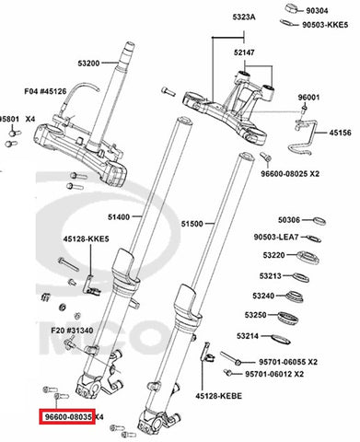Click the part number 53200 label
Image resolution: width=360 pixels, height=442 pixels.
point(88,64)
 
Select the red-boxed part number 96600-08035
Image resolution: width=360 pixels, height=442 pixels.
point(68,417)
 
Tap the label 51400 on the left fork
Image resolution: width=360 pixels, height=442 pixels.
point(119,217)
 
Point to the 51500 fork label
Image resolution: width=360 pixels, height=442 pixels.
point(192,224)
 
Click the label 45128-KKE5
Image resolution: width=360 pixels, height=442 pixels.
point(87,238)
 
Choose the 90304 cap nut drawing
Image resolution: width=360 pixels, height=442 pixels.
point(294,8)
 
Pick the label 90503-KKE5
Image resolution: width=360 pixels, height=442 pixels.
point(325,25)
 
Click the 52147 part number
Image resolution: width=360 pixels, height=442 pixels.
point(244,52)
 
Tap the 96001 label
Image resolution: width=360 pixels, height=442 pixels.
point(308,98)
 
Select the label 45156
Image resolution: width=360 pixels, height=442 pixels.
point(341,133)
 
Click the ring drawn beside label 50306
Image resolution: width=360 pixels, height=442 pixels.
point(319,221)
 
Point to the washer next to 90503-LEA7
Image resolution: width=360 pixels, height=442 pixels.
point(314,238)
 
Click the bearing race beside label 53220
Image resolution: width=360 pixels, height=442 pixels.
point(308,257)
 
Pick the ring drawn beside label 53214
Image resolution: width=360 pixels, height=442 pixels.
point(281,339)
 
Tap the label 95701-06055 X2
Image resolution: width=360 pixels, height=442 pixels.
point(288,362)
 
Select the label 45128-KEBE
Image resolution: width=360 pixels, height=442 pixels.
point(219,396)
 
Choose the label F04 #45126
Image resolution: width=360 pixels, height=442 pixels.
point(45,91)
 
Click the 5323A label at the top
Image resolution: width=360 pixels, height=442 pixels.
point(244,17)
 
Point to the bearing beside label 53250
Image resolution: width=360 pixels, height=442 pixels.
point(288,318)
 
